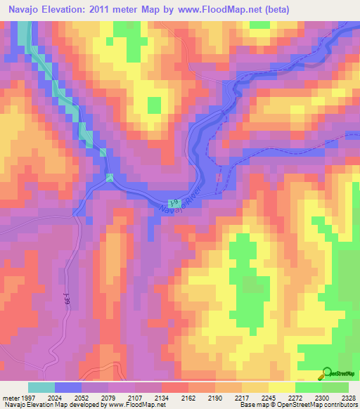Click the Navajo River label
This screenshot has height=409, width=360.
pyautogui.click(x=179, y=203)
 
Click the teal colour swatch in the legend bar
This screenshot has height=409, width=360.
pyautogui.click(x=41, y=387)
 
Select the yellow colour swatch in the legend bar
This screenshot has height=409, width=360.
pyautogui.click(x=281, y=387)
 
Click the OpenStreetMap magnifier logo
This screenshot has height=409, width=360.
pyautogui.click(x=328, y=373)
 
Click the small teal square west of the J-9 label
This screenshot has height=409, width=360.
pyautogui.click(x=110, y=177)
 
